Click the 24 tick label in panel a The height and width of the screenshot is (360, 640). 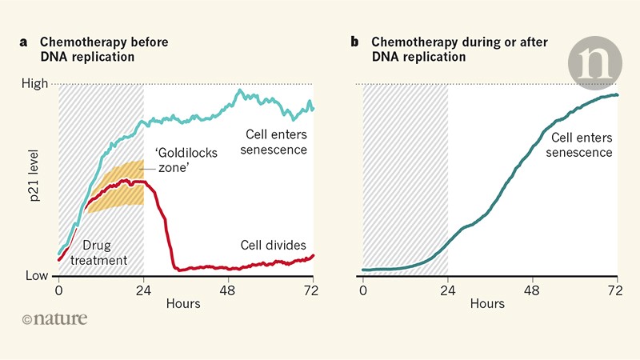[143, 290]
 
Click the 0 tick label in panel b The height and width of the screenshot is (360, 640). [363, 290]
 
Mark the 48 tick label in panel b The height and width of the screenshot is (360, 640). [534, 290]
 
